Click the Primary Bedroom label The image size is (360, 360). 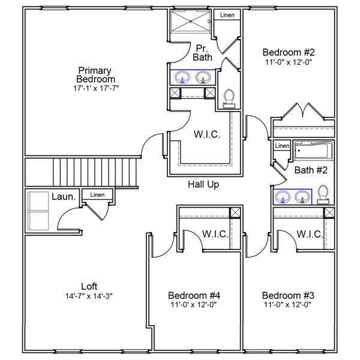[x=96, y=74]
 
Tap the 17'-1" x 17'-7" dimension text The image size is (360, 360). [x=96, y=88]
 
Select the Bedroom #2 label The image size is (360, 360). [x=288, y=52]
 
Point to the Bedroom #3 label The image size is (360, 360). [x=287, y=295]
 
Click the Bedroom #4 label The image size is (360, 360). [x=194, y=295]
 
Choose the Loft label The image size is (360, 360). [x=89, y=286]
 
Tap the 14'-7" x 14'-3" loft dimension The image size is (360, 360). [x=89, y=296]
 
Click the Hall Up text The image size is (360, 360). [x=203, y=185]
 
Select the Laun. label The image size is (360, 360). [x=63, y=196]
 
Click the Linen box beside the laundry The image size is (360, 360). [x=97, y=195]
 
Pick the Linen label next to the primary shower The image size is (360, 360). [x=227, y=15]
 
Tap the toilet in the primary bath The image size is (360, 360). [x=229, y=97]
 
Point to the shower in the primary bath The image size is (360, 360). [x=191, y=23]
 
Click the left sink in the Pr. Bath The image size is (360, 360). [x=181, y=77]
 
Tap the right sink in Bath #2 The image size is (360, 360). [x=303, y=196]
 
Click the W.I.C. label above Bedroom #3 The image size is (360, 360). [x=309, y=233]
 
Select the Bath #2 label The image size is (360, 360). [x=311, y=170]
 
